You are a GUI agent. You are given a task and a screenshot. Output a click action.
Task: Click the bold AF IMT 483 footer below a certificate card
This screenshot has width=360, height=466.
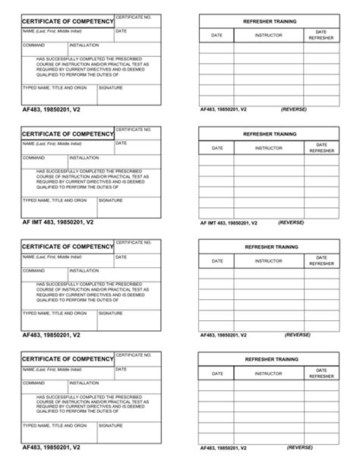tap(58, 222)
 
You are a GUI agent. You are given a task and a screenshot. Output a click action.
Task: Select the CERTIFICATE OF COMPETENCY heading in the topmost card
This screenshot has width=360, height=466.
tap(68, 21)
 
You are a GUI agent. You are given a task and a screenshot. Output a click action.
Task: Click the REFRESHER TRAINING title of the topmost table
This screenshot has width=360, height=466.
tap(270, 21)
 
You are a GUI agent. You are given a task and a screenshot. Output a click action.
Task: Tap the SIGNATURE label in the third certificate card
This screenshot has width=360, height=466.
tap(111, 313)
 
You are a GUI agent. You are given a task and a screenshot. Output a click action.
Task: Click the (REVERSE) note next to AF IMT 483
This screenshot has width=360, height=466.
tap(291, 222)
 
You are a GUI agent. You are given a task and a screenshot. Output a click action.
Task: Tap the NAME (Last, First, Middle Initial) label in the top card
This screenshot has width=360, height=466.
tap(52, 31)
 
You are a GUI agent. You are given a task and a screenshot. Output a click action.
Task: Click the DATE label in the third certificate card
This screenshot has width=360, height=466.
tap(121, 257)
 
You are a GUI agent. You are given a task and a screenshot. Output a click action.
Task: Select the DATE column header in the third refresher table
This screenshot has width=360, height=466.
tap(217, 260)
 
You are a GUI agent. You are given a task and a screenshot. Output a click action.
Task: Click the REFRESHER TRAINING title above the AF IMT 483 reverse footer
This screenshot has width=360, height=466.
tap(270, 134)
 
